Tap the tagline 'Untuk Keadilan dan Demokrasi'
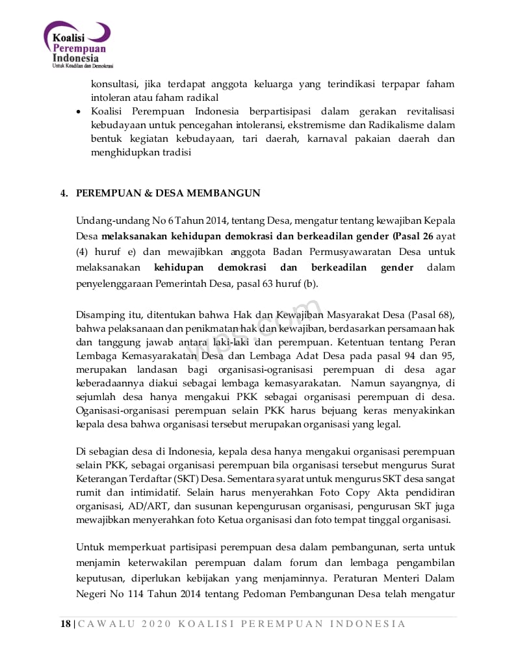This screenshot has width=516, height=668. (83, 66)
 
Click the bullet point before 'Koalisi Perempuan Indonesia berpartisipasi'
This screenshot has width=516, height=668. (79, 111)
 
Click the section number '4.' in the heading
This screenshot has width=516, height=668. (64, 193)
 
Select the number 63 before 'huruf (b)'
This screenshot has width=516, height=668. (263, 284)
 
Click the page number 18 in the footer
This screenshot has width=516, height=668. (66, 624)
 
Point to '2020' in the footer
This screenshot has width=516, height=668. (153, 624)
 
